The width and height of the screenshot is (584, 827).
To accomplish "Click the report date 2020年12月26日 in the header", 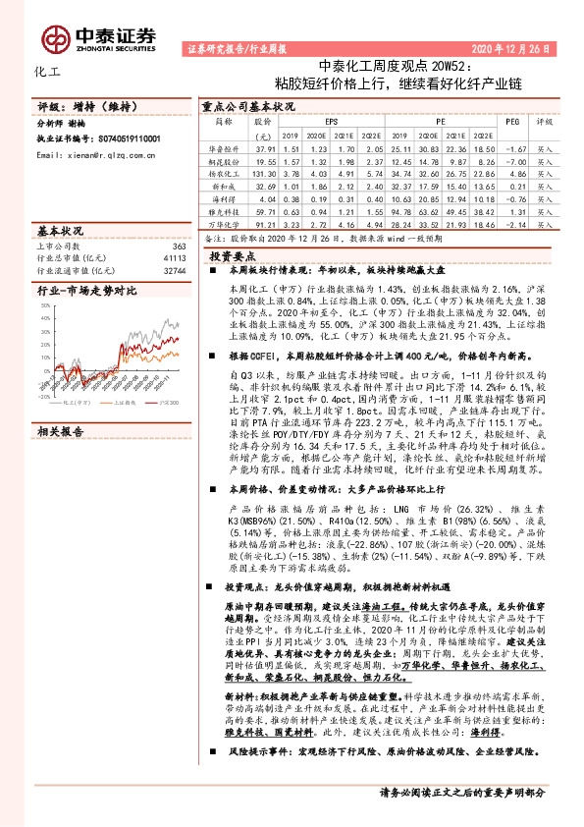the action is click(518, 47).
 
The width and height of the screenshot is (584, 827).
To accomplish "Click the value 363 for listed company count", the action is click(178, 246).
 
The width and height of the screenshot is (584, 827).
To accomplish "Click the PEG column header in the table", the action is click(511, 122).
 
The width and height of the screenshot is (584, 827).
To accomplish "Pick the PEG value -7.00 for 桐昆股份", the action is click(511, 158).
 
